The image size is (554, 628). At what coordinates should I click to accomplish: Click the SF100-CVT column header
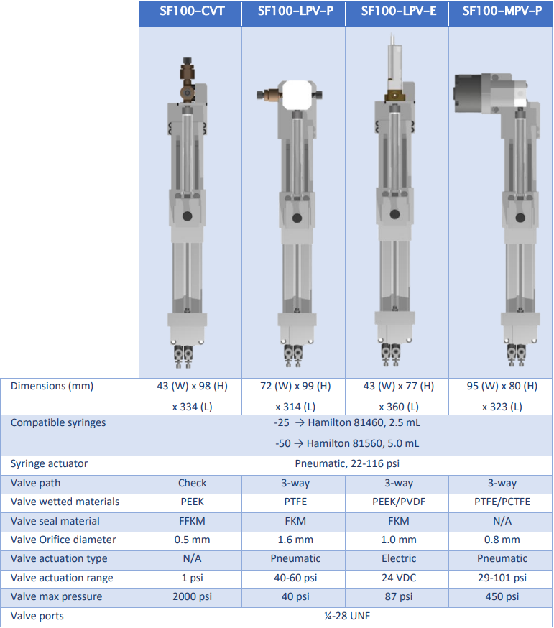click(x=192, y=11)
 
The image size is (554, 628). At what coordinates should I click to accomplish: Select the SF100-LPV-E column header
click(x=399, y=11)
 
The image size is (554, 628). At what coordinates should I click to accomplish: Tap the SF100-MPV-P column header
click(x=502, y=11)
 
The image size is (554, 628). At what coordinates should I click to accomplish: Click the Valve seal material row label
click(x=55, y=521)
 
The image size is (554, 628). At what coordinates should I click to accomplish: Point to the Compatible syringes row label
click(x=58, y=423)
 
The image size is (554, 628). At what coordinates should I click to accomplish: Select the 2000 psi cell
click(x=192, y=597)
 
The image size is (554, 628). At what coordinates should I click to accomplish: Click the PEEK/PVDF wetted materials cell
click(x=399, y=502)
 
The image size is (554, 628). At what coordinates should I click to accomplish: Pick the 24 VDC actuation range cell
click(x=399, y=578)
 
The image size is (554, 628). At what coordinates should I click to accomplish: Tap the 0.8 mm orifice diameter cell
click(x=502, y=540)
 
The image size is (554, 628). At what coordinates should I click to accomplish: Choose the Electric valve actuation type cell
click(x=399, y=559)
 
